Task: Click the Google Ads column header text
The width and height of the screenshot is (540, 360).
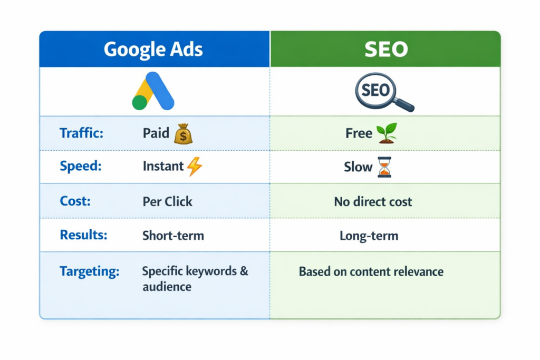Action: (x=153, y=49)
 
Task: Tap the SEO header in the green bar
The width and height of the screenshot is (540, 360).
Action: (x=385, y=49)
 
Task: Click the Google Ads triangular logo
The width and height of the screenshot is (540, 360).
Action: (x=153, y=91)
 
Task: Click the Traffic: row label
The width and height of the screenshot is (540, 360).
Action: (x=81, y=133)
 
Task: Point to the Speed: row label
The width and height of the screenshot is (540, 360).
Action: (x=80, y=167)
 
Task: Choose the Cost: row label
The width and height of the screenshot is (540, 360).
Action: (x=75, y=201)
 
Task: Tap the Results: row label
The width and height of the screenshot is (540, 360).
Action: (x=83, y=235)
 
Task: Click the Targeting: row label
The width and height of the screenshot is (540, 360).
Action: (x=89, y=271)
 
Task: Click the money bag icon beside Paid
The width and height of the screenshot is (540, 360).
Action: (x=183, y=134)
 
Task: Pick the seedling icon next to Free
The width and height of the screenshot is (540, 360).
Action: (x=387, y=133)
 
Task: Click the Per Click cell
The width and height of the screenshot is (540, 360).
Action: (x=167, y=201)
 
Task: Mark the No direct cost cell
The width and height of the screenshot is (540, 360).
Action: (x=373, y=201)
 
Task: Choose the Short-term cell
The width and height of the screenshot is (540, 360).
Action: (x=173, y=235)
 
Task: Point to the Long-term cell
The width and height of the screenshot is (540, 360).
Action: (x=369, y=235)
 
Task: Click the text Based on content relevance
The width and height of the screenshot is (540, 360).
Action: (x=371, y=272)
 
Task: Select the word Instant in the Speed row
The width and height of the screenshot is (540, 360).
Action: (x=163, y=167)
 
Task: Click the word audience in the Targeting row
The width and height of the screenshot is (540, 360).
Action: (x=167, y=287)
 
